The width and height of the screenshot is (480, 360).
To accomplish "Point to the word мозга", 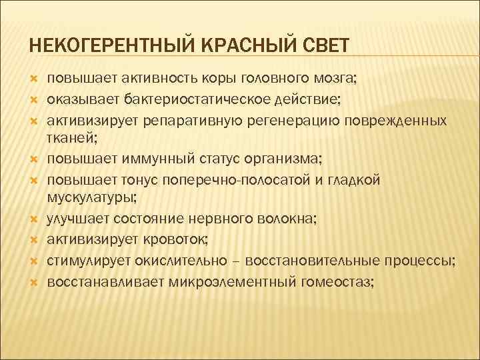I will (337, 81).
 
